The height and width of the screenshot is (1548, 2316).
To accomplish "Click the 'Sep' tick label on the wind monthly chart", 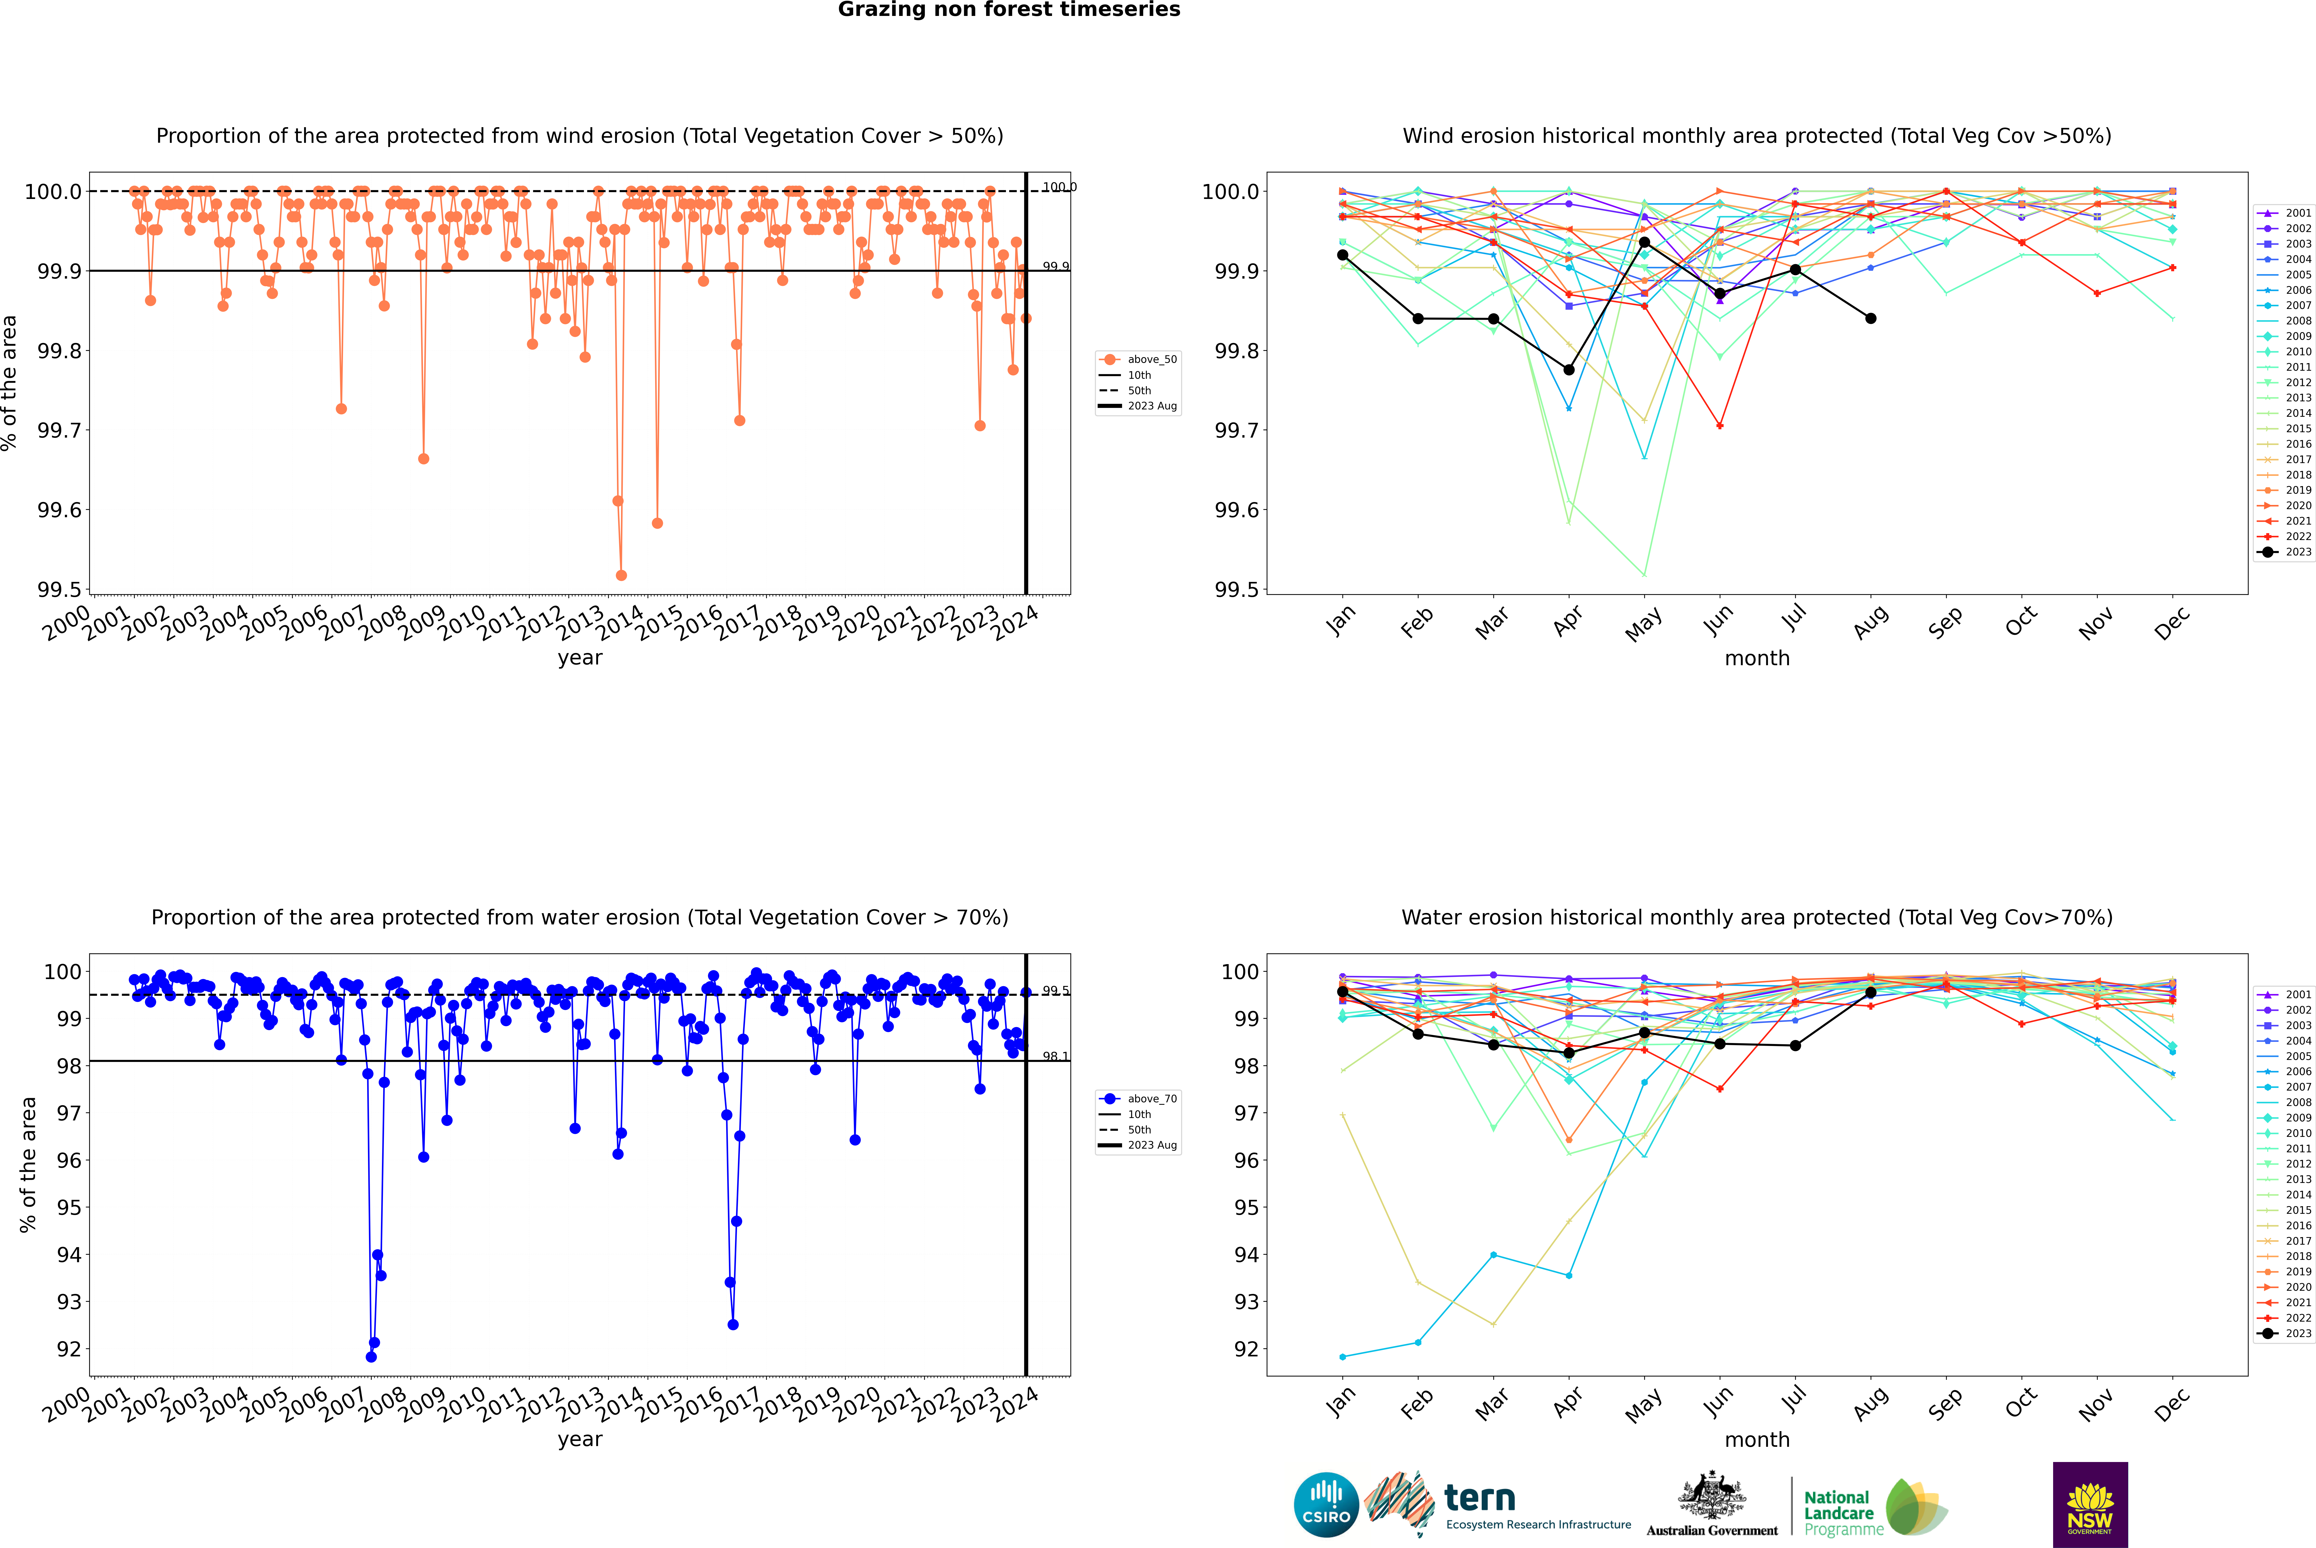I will [1945, 624].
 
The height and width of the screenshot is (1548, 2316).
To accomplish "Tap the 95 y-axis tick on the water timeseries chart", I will [69, 1207].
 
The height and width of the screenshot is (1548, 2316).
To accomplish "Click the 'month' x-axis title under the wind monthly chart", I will [1756, 659].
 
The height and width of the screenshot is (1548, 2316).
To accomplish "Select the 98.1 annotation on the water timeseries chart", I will [1055, 1056].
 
